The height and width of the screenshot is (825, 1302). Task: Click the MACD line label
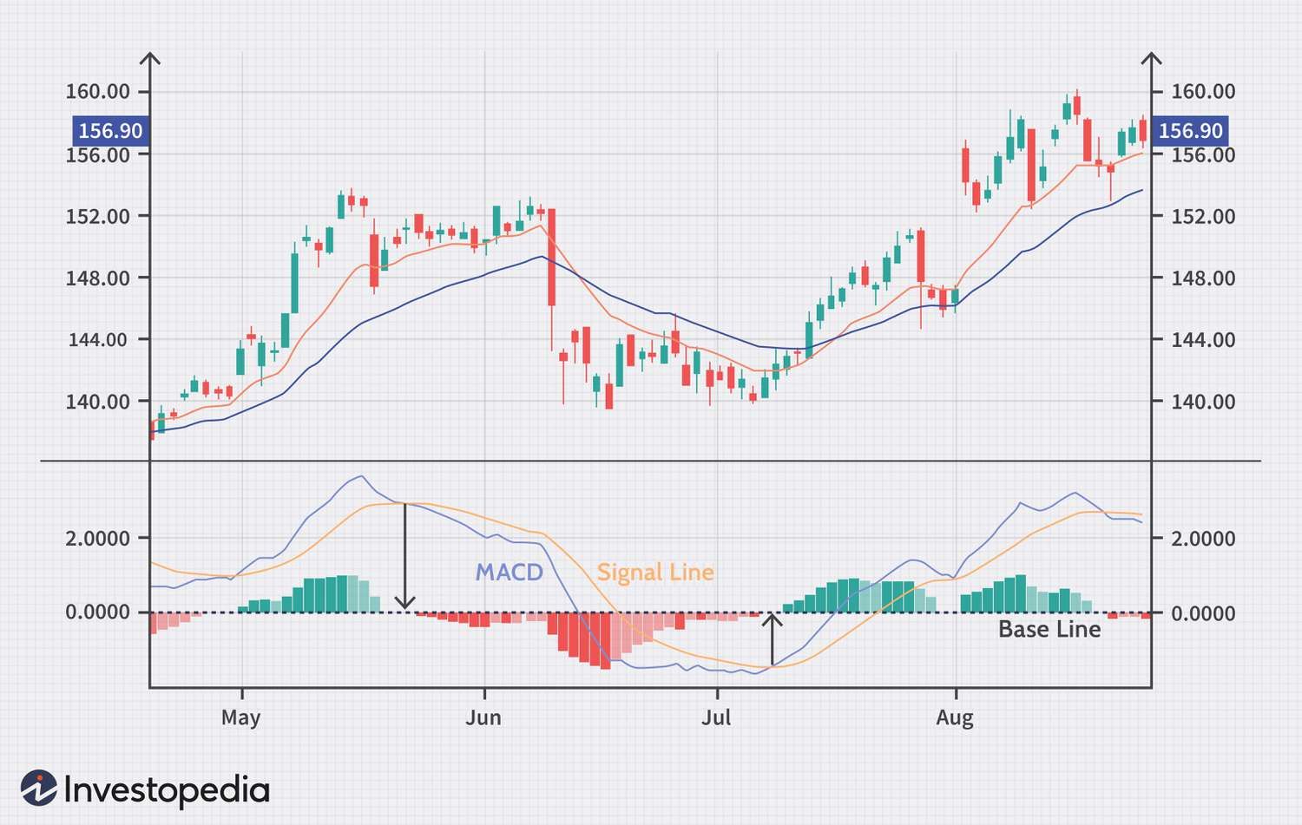509,573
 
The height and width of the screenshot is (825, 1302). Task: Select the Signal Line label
655,573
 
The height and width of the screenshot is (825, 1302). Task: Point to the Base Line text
1049,629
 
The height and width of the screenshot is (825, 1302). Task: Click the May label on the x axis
240,717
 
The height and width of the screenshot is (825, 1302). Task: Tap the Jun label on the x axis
483,717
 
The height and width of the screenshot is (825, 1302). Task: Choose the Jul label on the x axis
716,717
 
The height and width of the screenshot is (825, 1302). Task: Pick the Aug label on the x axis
955,717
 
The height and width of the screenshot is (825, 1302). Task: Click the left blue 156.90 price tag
110,131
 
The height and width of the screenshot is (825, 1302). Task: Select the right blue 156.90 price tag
1190,131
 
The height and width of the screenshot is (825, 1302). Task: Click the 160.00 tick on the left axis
98,91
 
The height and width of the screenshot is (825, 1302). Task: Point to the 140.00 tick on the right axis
1203,402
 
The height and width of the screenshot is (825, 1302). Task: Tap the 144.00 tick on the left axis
98,339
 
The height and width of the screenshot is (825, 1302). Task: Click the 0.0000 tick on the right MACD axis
1203,613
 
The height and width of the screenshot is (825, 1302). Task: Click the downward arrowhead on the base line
404,602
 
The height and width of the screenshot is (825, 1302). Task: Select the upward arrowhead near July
772,619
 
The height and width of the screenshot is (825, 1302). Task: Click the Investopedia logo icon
39,788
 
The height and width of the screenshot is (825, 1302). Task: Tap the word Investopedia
167,790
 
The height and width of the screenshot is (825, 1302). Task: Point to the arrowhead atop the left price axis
150,59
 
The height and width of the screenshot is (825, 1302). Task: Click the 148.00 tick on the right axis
1203,278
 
